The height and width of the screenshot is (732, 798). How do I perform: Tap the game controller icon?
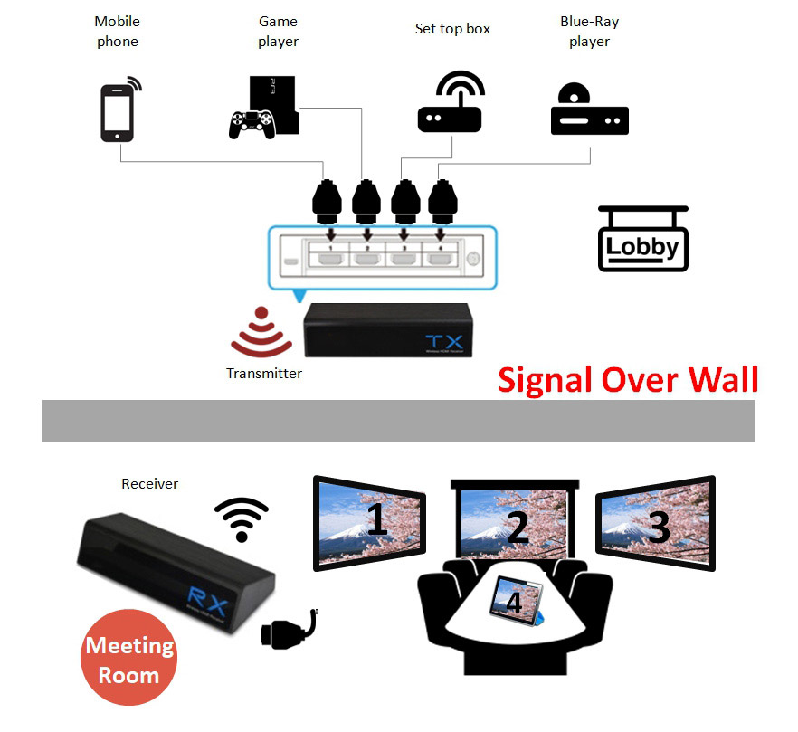pyautogui.click(x=252, y=124)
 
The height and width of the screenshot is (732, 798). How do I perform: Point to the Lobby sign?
pyautogui.click(x=642, y=240)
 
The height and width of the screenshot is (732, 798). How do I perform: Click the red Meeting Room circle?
pyautogui.click(x=128, y=660)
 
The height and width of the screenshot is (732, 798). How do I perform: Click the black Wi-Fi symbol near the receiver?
pyautogui.click(x=242, y=518)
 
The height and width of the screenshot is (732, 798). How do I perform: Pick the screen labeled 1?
pyautogui.click(x=369, y=523)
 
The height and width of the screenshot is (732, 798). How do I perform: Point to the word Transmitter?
pyautogui.click(x=264, y=373)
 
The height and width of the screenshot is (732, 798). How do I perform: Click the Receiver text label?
pyautogui.click(x=149, y=484)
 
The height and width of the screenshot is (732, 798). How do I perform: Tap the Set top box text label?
pyautogui.click(x=452, y=29)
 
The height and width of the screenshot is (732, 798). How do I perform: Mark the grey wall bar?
pyautogui.click(x=398, y=421)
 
